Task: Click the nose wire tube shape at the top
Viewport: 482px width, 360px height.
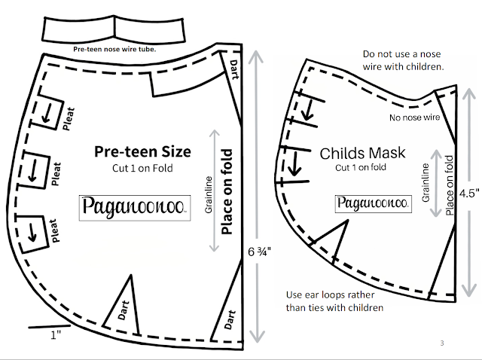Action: point(114,29)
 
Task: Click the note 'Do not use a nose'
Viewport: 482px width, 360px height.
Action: point(401,55)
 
